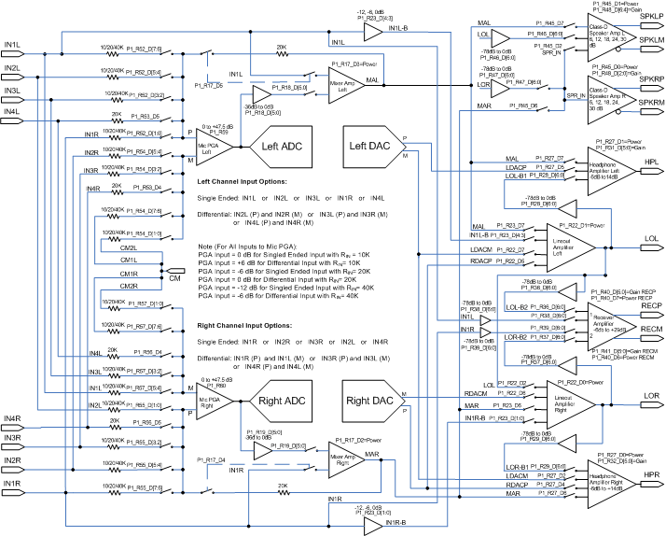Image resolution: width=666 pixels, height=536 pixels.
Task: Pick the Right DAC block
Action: (370, 401)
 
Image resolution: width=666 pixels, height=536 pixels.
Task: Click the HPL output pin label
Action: (651, 162)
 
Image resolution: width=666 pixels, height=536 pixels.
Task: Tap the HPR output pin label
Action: (651, 476)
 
